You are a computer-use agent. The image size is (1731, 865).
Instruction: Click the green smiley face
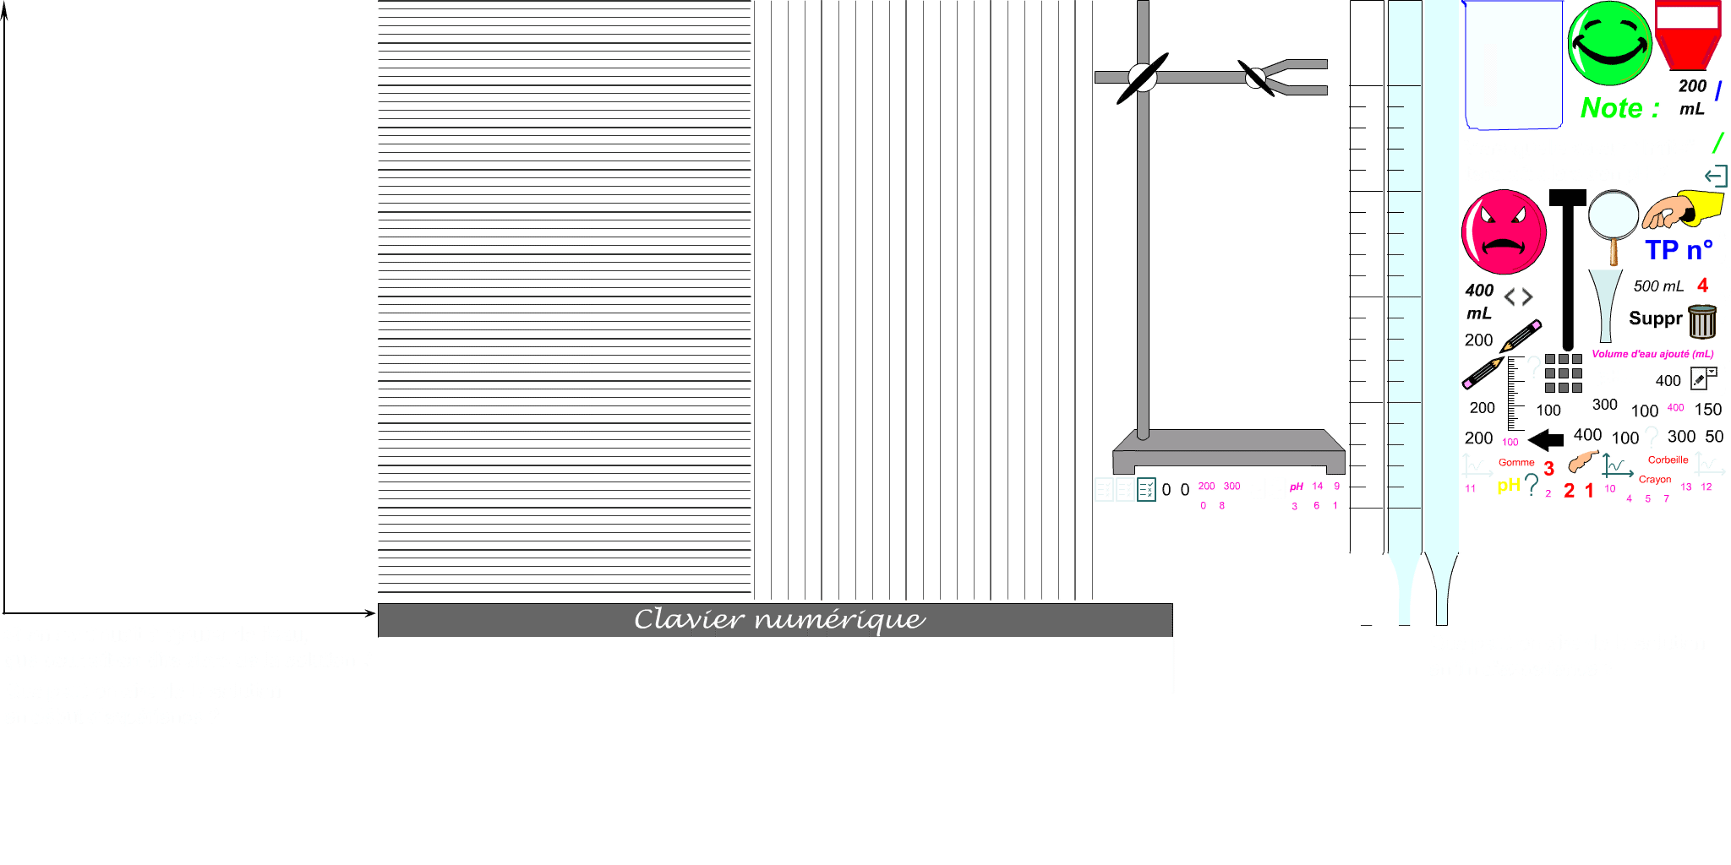coord(1609,43)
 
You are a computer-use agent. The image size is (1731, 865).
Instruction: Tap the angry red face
coord(1504,232)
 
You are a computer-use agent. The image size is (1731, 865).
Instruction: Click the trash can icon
coord(1701,321)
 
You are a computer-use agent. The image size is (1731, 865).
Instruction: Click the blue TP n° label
coord(1678,250)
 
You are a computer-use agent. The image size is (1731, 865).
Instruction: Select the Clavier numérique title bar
coord(775,619)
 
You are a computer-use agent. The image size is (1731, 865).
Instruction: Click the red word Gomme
coord(1516,462)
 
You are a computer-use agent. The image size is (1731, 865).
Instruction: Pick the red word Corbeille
coord(1668,460)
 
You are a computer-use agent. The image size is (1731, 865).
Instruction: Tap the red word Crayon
coord(1654,479)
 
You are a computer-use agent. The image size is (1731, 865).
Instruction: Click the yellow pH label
coord(1508,485)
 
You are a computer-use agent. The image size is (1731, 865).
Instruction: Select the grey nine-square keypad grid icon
coord(1563,373)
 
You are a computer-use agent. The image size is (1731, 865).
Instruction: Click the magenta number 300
coord(1231,486)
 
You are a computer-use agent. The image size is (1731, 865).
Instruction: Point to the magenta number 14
coord(1317,486)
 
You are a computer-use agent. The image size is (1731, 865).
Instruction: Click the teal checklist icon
coord(1146,489)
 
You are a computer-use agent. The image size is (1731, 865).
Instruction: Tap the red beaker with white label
coord(1688,35)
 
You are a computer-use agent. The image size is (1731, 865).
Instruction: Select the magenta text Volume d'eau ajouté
coord(1652,354)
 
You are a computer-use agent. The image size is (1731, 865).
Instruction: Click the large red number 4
coord(1702,285)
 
